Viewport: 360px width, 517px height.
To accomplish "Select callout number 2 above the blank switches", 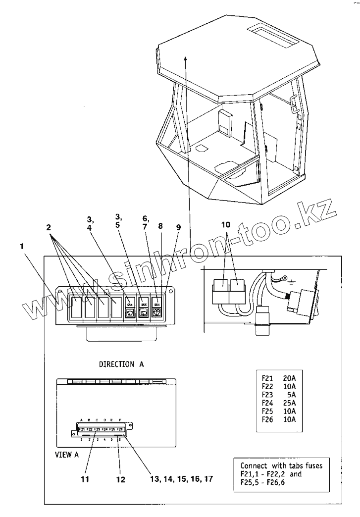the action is [x=49, y=228].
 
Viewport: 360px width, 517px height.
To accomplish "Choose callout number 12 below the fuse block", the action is [x=121, y=479].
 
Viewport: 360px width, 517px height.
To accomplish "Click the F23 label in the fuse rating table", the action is [x=267, y=396].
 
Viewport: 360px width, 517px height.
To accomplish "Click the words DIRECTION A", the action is [x=121, y=364].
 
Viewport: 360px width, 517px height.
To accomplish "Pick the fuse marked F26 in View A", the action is [x=119, y=429].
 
